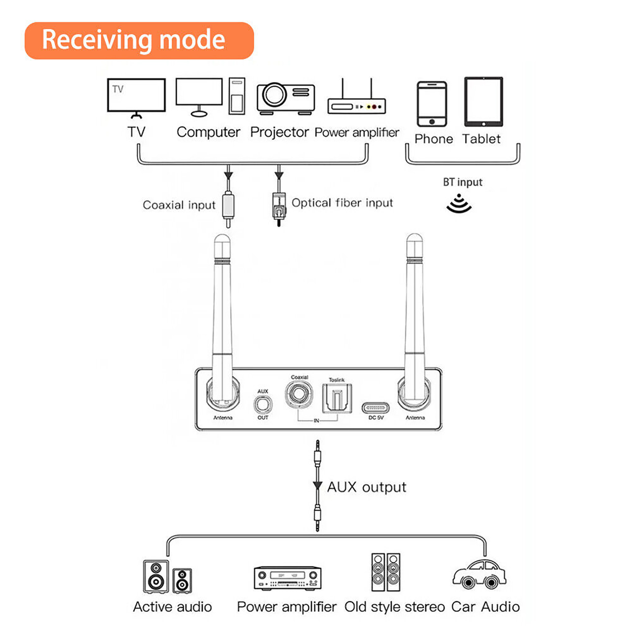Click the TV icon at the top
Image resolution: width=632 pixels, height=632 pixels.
[x=136, y=96]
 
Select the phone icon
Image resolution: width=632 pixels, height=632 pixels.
[x=432, y=104]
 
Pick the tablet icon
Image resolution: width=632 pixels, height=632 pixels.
[x=483, y=102]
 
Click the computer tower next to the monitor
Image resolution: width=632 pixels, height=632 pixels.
[x=237, y=96]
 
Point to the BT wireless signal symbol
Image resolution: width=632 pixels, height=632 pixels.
[x=459, y=203]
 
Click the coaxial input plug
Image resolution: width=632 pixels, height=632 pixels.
[x=228, y=205]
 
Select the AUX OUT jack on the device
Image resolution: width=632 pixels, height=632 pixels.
[x=263, y=404]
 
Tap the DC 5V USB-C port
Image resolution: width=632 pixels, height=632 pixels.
[x=375, y=408]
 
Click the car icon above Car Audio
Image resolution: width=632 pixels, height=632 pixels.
[x=479, y=575]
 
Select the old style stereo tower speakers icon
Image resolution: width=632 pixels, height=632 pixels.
[x=386, y=572]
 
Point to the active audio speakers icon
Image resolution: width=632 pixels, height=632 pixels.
[x=167, y=577]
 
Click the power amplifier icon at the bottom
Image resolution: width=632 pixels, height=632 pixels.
[x=287, y=579]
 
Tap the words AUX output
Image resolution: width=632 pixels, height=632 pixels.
[x=367, y=487]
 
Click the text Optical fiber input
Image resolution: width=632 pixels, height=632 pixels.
[x=342, y=203]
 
